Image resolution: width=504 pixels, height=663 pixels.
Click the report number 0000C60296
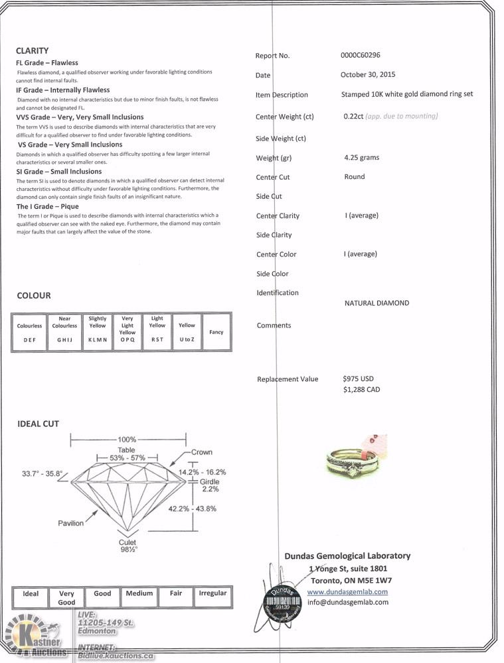coord(360,55)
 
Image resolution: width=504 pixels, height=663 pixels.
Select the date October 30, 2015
coord(368,74)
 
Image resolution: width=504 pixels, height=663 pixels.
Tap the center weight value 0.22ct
coord(353,116)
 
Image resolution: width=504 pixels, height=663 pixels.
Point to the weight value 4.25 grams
coord(362,157)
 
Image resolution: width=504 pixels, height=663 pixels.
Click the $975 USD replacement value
coord(359,379)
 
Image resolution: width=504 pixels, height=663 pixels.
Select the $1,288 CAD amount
coord(361,389)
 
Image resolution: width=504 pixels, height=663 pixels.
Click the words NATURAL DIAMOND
coord(377,303)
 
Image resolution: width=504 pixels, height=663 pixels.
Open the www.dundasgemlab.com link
coord(347,591)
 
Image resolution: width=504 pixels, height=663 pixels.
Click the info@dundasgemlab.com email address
coord(348,602)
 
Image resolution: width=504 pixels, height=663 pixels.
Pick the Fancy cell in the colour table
coord(216,332)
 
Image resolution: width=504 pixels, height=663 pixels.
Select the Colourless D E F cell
coord(29,332)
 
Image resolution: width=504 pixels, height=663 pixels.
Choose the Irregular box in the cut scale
coord(212,597)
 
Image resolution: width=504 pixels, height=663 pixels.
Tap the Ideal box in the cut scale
coord(31,597)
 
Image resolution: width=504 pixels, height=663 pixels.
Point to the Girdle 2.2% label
coord(210,485)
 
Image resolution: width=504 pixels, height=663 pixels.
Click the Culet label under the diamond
coord(127,542)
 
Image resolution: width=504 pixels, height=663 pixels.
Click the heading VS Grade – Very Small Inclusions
coord(70,144)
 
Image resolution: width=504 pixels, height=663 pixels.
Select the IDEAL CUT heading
coord(38,424)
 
